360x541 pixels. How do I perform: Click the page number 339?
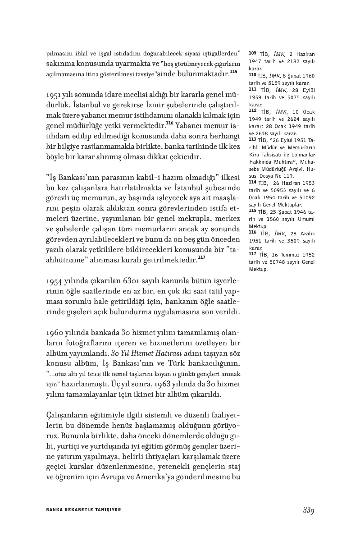[308, 510]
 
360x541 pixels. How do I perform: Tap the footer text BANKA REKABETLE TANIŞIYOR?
[83, 510]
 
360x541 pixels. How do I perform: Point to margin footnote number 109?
[252, 53]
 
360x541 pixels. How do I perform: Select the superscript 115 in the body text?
[233, 72]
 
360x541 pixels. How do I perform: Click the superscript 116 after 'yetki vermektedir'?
[169, 123]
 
